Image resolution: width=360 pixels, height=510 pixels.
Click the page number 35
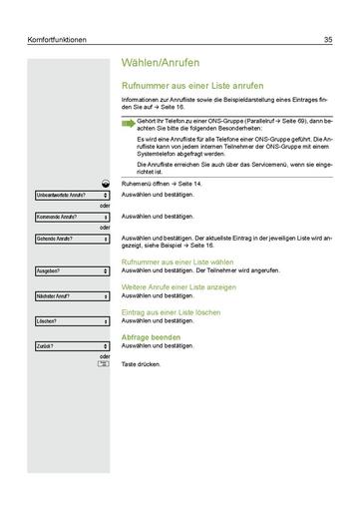[328, 40]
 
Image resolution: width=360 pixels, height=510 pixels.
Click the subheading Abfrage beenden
[151, 336]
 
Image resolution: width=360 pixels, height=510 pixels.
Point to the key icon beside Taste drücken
[104, 364]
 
